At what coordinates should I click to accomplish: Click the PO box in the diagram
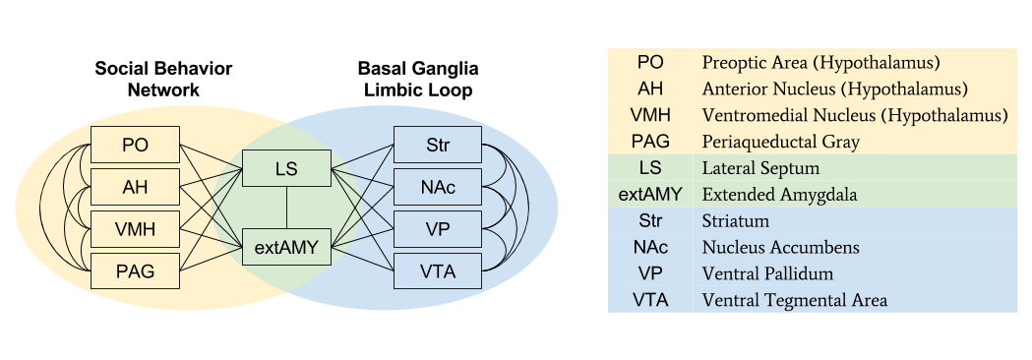point(136,145)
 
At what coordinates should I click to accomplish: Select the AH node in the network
point(136,187)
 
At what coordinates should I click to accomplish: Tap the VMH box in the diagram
point(136,229)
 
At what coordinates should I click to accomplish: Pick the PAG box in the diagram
point(136,270)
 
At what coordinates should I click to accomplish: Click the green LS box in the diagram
point(286,168)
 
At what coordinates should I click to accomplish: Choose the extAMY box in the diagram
point(286,247)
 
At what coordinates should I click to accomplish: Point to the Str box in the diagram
point(438,145)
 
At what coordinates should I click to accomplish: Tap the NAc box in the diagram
point(438,187)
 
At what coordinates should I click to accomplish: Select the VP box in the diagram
point(438,229)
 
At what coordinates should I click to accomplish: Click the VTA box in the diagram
point(438,270)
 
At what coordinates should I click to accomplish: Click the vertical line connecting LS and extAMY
point(286,208)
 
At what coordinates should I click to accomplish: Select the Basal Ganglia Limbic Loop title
point(417,80)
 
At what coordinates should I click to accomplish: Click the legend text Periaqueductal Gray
point(780,142)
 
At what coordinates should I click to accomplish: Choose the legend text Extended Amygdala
point(773,195)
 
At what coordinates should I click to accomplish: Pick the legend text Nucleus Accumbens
point(773,247)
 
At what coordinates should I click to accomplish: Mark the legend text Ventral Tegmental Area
point(794,300)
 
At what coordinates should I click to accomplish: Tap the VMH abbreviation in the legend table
point(650,115)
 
